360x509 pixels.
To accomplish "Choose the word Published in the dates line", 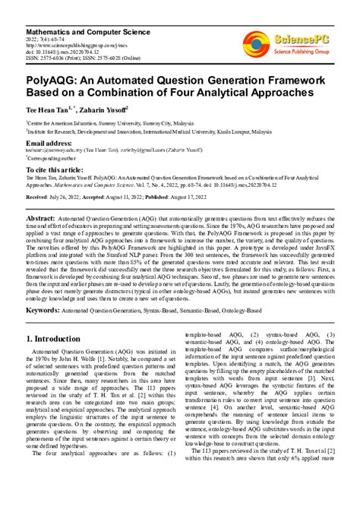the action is tap(168, 196).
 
